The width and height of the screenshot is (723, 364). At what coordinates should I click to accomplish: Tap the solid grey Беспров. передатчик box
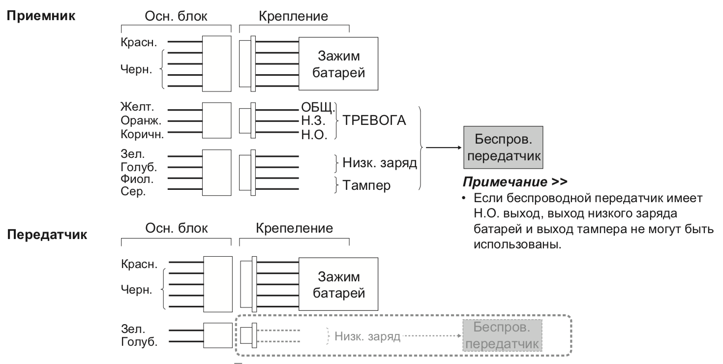(502, 147)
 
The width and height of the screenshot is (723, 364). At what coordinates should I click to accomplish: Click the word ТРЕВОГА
(374, 120)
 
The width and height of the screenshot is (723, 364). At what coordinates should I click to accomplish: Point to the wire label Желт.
(134, 106)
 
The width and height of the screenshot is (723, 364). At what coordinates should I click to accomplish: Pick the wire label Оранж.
(137, 120)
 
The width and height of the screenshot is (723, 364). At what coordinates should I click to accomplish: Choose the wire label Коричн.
(139, 133)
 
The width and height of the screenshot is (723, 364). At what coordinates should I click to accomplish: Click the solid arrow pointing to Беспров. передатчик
(443, 147)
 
